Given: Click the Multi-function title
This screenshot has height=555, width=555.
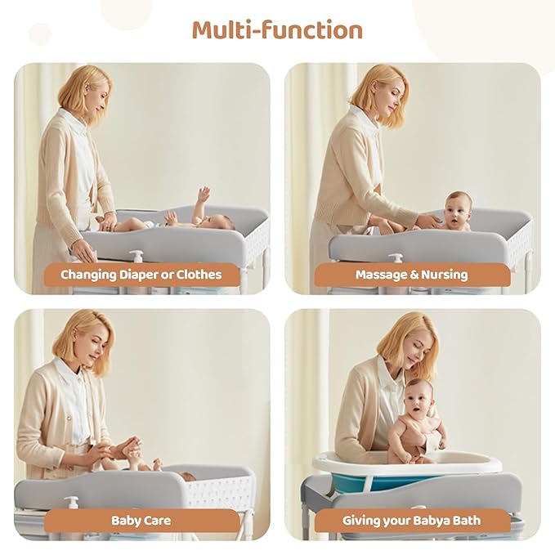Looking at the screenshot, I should point(277,30).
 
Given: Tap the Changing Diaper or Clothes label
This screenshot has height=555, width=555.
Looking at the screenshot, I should point(141,275).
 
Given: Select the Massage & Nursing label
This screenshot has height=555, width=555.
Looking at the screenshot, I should point(412,275).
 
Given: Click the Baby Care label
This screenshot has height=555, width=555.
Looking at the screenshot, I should point(141,521).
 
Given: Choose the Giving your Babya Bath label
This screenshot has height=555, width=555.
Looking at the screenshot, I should point(412,521).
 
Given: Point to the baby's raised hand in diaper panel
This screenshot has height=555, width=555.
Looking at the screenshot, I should point(203,194).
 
